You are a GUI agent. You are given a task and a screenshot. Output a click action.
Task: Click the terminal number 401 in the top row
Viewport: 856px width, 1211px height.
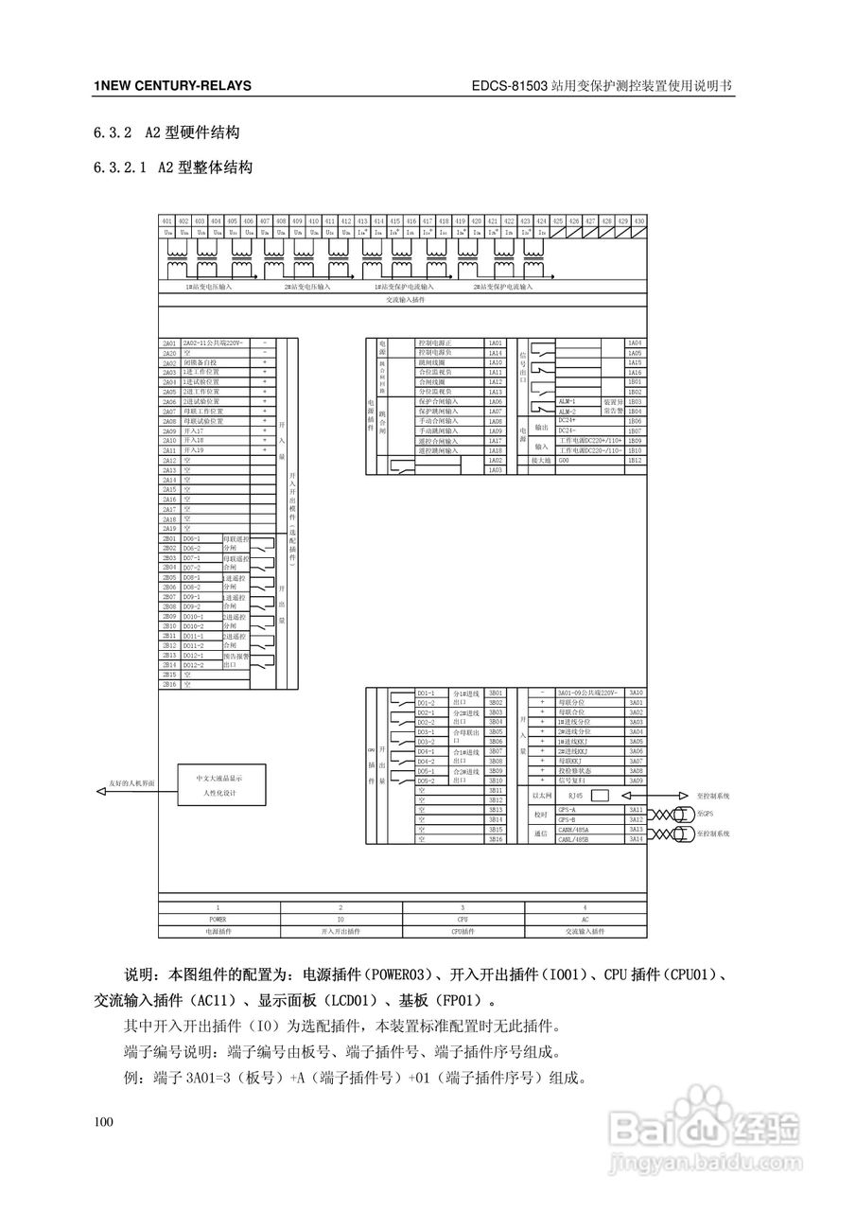pyautogui.click(x=167, y=220)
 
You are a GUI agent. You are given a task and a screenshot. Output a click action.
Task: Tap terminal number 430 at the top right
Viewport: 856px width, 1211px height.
pyautogui.click(x=639, y=220)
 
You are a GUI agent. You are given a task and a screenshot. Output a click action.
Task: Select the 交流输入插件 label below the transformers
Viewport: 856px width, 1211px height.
pyautogui.click(x=405, y=299)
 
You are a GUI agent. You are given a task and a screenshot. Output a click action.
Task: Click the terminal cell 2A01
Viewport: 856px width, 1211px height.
pyautogui.click(x=169, y=342)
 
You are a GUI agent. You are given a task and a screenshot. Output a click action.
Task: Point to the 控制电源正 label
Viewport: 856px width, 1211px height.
pyautogui.click(x=435, y=342)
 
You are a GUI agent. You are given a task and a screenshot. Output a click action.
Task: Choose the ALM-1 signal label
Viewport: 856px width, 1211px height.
pyautogui.click(x=568, y=401)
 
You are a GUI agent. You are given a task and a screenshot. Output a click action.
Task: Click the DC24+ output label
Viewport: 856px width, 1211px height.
pyautogui.click(x=568, y=421)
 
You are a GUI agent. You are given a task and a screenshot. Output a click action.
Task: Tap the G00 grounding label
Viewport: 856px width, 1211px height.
pyautogui.click(x=565, y=461)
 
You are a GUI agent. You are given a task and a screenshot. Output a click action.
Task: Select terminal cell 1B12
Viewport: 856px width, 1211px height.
pyautogui.click(x=636, y=461)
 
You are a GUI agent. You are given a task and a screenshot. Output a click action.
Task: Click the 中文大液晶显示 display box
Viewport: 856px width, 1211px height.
pyautogui.click(x=219, y=784)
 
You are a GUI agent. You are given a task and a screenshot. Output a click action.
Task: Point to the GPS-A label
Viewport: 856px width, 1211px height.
pyautogui.click(x=568, y=810)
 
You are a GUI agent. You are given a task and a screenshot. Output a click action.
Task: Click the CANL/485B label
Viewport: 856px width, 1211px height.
pyautogui.click(x=573, y=839)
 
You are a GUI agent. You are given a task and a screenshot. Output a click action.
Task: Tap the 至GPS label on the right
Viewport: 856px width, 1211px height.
pyautogui.click(x=706, y=813)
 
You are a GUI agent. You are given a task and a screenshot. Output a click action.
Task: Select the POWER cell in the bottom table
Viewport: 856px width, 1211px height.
pyautogui.click(x=218, y=919)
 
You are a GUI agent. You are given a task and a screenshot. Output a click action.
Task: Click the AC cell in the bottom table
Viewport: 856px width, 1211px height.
pyautogui.click(x=585, y=919)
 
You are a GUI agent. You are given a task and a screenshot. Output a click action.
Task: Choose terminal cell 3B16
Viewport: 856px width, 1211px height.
pyautogui.click(x=496, y=839)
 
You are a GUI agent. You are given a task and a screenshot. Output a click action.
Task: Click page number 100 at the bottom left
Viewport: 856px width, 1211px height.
pyautogui.click(x=103, y=1122)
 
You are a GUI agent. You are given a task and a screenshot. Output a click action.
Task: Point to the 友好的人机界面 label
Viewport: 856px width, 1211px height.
pyautogui.click(x=131, y=784)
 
